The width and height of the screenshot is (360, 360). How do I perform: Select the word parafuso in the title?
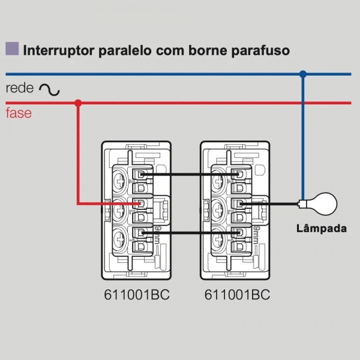coord(260,50)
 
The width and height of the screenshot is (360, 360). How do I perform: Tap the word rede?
coord(19,88)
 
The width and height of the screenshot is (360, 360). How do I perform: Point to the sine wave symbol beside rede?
coord(49,89)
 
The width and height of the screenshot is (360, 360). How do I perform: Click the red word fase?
coord(19,113)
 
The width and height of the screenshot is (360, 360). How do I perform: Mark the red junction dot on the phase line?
coord(78,103)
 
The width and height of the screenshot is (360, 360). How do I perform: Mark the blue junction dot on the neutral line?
coord(303,74)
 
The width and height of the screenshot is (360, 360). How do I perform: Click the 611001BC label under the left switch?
coord(138,295)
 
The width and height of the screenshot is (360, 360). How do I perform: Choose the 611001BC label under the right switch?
coord(237,295)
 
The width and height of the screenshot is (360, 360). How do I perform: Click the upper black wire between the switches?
coord(189,175)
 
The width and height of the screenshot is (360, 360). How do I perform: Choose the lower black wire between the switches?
coord(189,233)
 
